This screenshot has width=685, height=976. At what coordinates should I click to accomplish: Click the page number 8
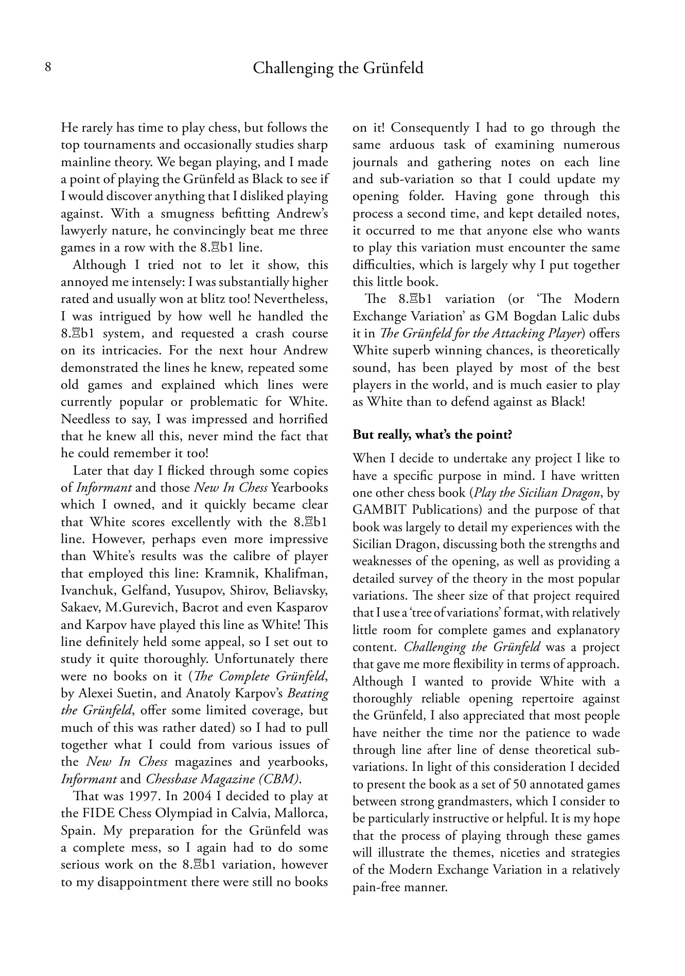pos(48,67)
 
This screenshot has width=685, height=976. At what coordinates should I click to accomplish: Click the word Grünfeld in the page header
pos(393,68)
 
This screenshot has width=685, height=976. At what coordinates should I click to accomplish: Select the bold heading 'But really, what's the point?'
pos(432,435)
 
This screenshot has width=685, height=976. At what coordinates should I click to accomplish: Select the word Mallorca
pos(301,813)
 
